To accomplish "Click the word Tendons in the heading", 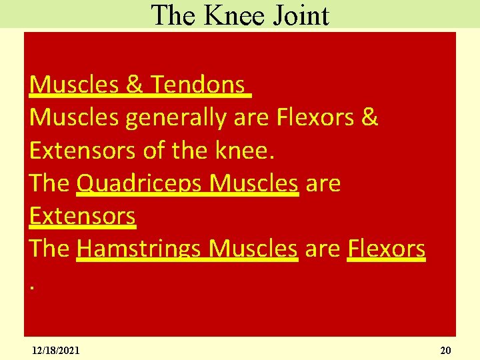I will pos(197,85).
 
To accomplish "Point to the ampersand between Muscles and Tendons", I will pos(133,85).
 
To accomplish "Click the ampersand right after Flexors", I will pos(369,117).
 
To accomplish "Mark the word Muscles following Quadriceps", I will pos(253,183).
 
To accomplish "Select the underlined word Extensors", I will pos(83,215).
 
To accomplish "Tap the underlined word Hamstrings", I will pos(139,249).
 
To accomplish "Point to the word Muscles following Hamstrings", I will pos(253,248).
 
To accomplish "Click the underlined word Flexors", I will pos(386,248).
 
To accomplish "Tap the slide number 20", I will pos(445,350).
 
